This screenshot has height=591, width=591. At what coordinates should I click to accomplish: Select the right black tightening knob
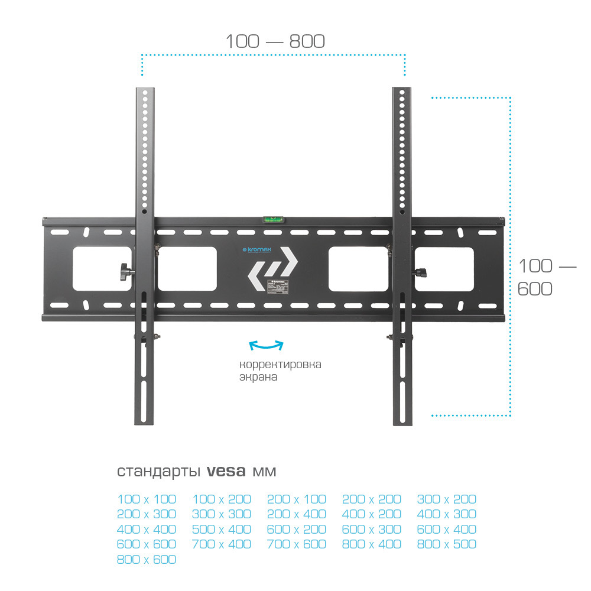(x=420, y=272)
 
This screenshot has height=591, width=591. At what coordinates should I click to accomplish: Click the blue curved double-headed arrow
(x=266, y=345)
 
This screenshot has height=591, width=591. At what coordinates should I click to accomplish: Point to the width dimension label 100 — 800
(x=275, y=41)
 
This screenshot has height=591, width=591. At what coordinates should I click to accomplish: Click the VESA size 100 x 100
(x=147, y=499)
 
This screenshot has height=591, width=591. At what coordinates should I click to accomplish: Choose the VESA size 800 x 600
(x=147, y=559)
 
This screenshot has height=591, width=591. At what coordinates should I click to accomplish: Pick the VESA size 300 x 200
(x=446, y=499)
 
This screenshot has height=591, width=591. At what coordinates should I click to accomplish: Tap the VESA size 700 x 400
(x=222, y=544)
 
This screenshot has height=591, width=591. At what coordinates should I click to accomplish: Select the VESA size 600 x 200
(x=297, y=530)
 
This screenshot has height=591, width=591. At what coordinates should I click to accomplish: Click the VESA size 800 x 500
(x=446, y=544)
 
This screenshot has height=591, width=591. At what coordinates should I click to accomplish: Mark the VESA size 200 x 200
(x=371, y=499)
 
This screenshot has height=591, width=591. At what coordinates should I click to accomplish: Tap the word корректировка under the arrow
(x=280, y=364)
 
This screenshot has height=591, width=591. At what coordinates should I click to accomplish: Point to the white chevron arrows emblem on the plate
(x=272, y=268)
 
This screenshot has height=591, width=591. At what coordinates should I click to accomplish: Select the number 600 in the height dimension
(x=535, y=289)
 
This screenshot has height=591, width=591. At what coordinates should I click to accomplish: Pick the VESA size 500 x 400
(x=222, y=530)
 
